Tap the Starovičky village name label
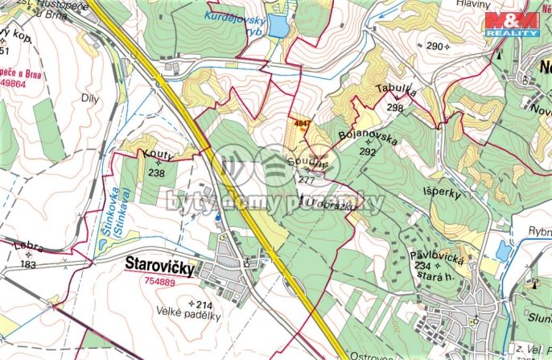tap(160, 267)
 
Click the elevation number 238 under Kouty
tap(157, 172)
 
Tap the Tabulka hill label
tap(395, 92)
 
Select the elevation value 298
tap(394, 107)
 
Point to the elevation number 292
tap(368, 151)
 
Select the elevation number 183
tap(30, 265)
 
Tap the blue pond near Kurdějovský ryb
tap(278, 27)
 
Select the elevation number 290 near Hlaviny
tap(435, 47)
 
